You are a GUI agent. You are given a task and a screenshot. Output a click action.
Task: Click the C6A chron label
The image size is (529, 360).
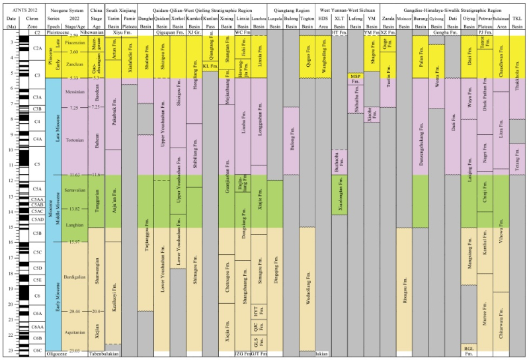[x=38, y=313]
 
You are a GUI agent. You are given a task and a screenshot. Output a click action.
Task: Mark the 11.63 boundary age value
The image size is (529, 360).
[x=74, y=175]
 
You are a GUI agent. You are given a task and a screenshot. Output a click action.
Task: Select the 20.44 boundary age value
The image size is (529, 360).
[x=74, y=311]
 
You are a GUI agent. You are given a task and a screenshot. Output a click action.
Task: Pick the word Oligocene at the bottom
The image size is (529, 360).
[x=58, y=354]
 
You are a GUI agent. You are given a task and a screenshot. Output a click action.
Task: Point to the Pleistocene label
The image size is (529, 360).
[x=58, y=32]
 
